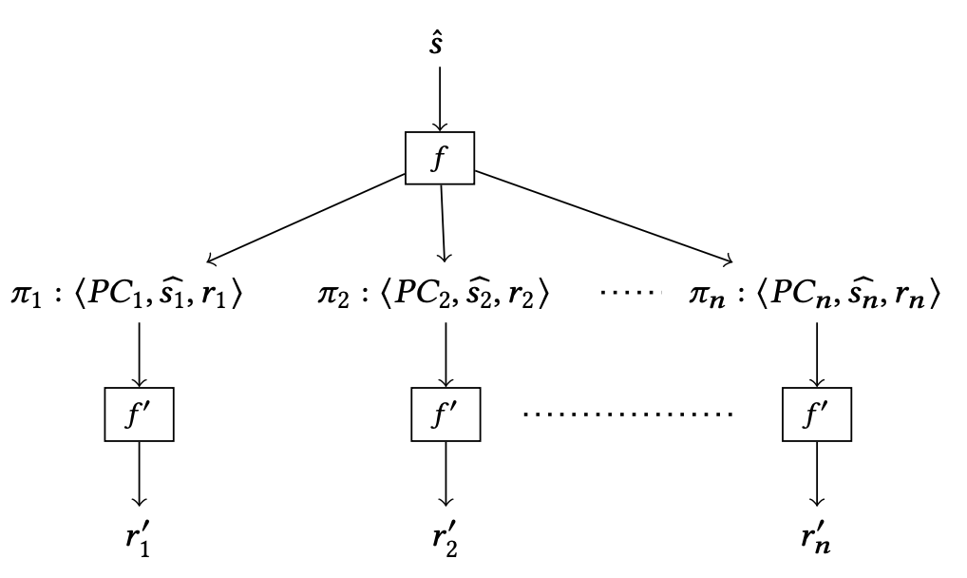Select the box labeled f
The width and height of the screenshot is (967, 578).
pyautogui.click(x=439, y=159)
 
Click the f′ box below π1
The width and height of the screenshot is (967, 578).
pyautogui.click(x=140, y=414)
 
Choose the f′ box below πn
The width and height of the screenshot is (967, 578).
pyautogui.click(x=814, y=414)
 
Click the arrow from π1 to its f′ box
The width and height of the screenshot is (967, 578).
pyautogui.click(x=140, y=353)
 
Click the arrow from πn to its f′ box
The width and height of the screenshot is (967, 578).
pyautogui.click(x=814, y=353)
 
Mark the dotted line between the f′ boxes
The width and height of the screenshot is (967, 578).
pyautogui.click(x=628, y=415)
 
